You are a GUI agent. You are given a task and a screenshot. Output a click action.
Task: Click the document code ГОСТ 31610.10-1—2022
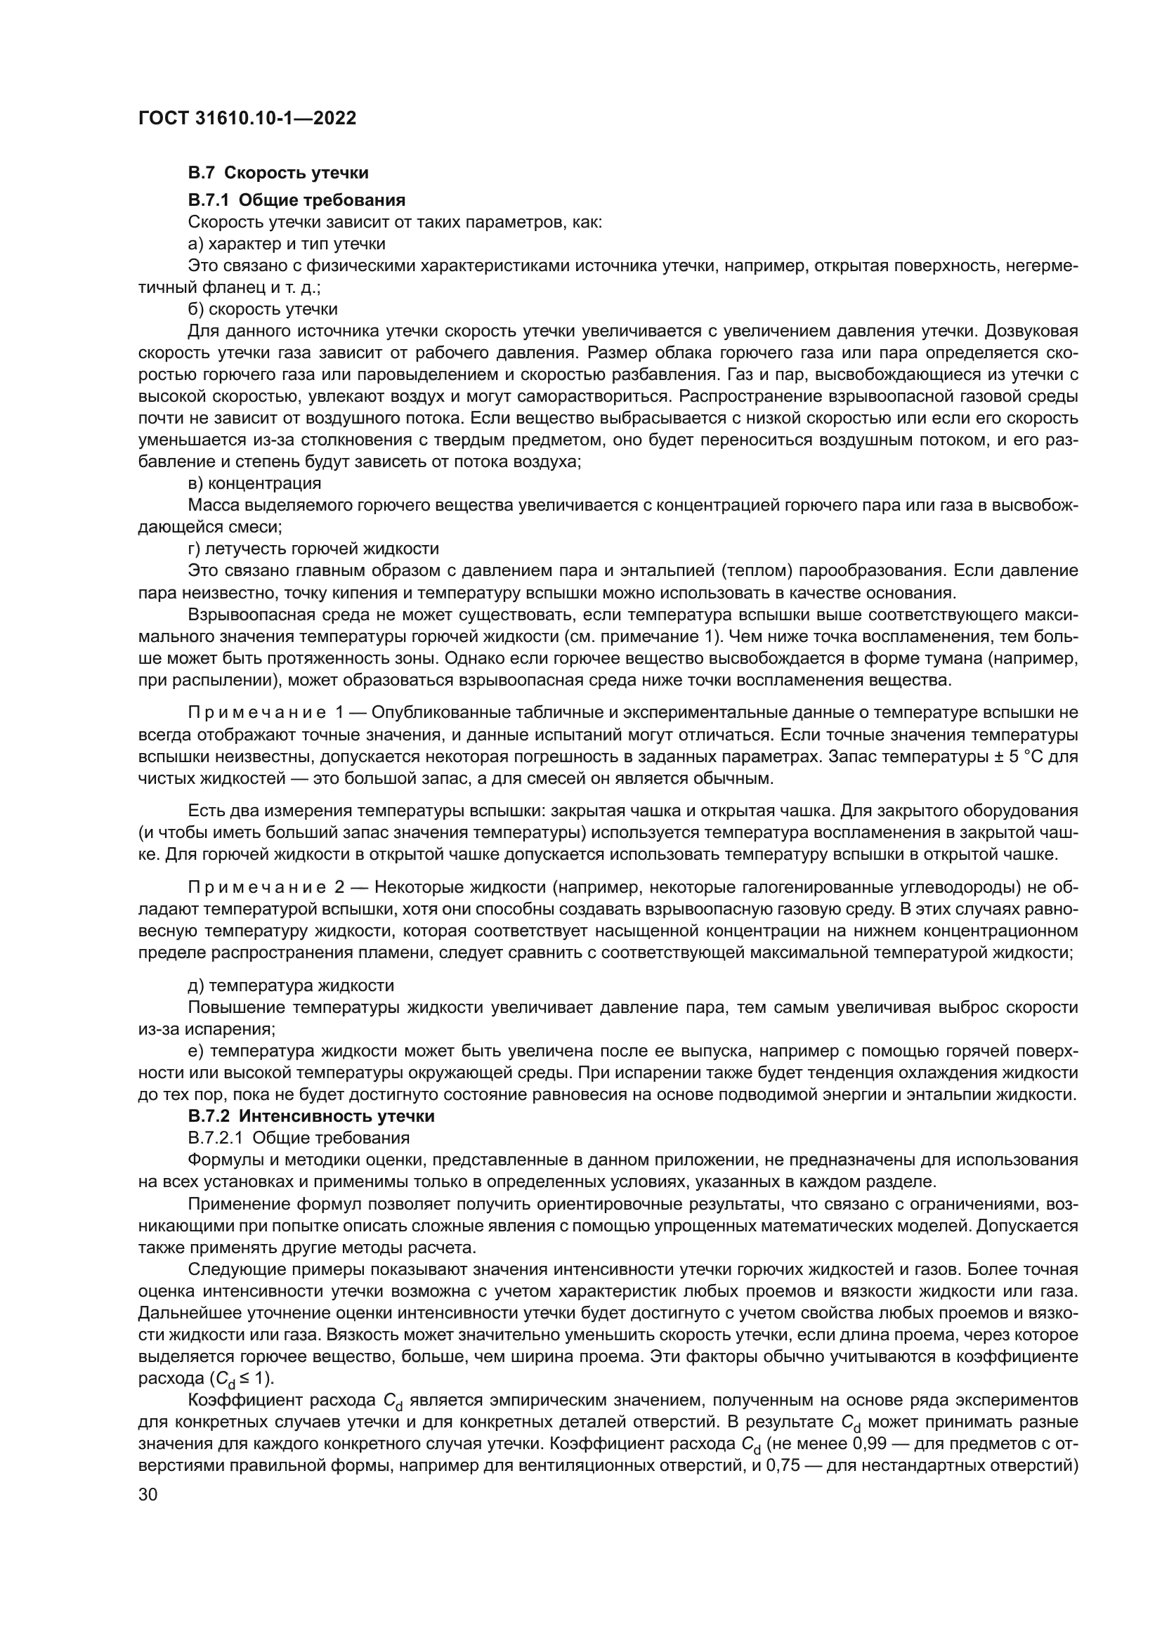247,118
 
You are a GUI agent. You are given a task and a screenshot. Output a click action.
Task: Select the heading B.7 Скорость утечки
278,173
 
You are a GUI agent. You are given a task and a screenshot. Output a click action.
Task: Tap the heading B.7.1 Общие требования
296,199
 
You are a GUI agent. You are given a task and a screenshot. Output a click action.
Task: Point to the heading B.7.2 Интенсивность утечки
311,1115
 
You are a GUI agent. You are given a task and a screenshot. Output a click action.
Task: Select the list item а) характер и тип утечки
286,244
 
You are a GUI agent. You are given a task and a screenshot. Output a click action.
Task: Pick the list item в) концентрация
254,483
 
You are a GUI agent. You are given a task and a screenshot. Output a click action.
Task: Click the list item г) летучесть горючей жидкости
313,549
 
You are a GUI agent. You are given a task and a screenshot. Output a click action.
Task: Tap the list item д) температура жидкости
291,986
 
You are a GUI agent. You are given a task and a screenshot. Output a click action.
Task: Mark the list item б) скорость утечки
263,309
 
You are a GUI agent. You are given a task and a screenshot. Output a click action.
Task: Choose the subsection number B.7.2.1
215,1138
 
